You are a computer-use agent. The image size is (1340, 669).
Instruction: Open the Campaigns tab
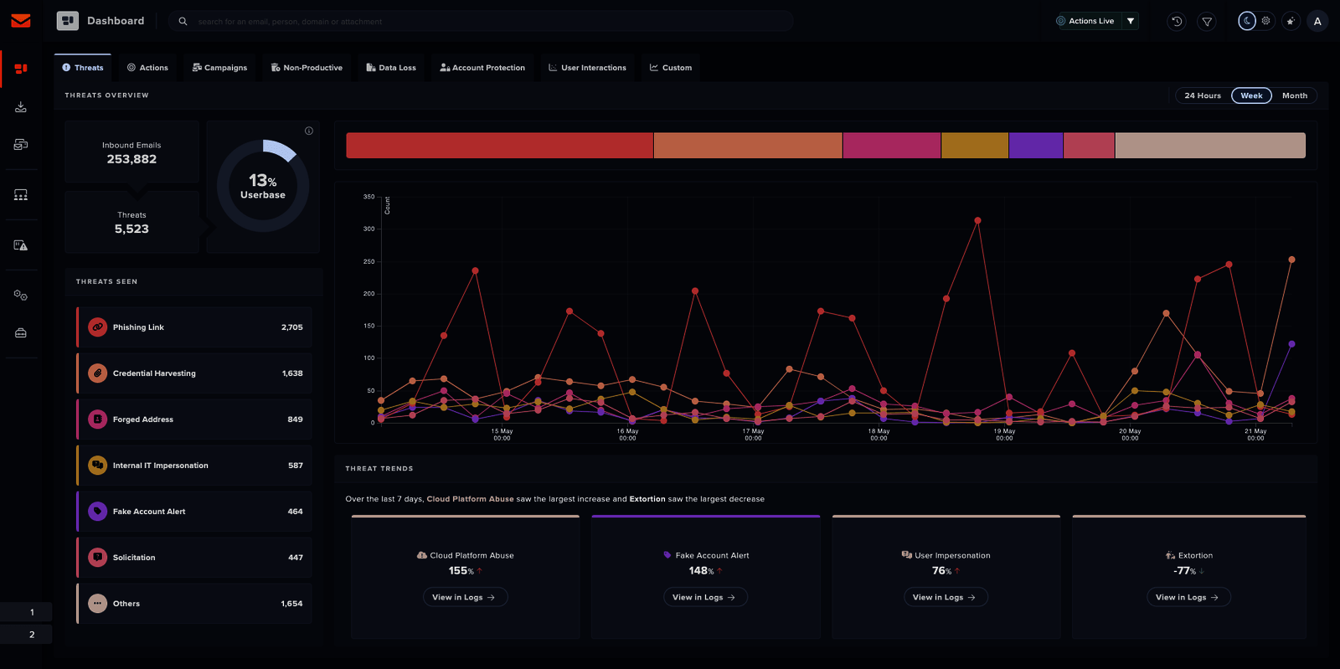(220, 68)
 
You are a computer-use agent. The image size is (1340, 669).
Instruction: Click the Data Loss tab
(391, 68)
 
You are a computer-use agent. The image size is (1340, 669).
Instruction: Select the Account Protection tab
(482, 68)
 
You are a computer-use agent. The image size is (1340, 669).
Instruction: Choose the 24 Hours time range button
(1202, 95)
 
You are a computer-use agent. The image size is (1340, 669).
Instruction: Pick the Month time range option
(1294, 95)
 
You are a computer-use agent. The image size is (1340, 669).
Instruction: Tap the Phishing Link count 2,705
(291, 327)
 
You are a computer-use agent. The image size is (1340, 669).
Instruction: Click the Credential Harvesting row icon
(98, 373)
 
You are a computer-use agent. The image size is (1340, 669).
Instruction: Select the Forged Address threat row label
(143, 419)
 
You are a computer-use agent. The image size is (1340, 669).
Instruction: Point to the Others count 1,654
(291, 604)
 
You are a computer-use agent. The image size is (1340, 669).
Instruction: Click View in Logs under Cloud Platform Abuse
(464, 597)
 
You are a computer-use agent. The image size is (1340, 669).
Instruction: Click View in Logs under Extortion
(1187, 597)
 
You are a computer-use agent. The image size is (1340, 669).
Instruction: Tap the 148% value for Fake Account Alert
(701, 571)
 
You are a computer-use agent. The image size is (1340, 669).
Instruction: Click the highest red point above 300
(977, 221)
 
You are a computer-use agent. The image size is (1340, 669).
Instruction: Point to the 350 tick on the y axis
(368, 197)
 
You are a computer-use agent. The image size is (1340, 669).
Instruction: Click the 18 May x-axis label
(879, 434)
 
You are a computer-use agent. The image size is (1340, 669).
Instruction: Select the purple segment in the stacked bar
(1036, 146)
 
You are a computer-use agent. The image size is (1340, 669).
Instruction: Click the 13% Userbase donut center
(263, 186)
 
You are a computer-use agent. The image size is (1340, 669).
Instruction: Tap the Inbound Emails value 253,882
(131, 159)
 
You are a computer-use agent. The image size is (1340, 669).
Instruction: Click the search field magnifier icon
(183, 21)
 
